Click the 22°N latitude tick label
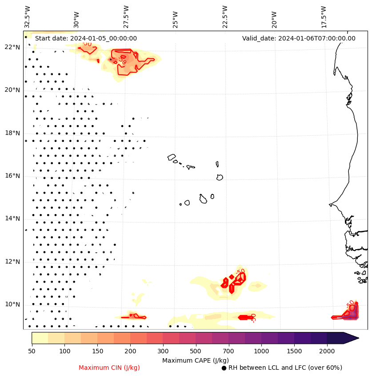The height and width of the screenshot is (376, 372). click(x=12, y=47)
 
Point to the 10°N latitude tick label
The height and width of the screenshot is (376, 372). click(x=12, y=304)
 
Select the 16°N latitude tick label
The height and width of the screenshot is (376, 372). click(x=12, y=176)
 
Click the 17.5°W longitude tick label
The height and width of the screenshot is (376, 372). click(x=324, y=16)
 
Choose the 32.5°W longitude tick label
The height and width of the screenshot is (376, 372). click(x=28, y=16)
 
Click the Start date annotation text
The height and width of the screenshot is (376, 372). click(x=86, y=38)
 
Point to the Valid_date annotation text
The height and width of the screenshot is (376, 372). click(x=299, y=38)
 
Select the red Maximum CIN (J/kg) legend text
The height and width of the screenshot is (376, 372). click(x=109, y=368)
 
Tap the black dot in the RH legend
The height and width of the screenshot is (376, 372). click(x=224, y=368)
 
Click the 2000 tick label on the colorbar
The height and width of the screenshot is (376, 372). click(x=327, y=352)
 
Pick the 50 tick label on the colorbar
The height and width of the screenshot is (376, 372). click(x=32, y=352)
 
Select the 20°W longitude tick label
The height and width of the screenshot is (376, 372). click(x=274, y=19)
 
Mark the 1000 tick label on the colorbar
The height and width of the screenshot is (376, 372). click(x=261, y=352)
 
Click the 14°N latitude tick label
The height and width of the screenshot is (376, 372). click(x=12, y=218)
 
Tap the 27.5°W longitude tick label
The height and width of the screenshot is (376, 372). click(x=126, y=16)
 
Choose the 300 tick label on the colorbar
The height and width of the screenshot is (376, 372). click(x=163, y=352)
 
